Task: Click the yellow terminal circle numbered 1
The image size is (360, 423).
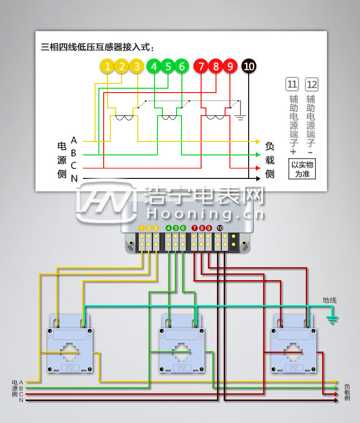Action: pos(108,67)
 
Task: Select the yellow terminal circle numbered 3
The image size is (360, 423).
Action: pos(137,67)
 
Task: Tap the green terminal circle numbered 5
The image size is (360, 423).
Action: pos(168,67)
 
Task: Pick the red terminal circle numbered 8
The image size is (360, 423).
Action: pos(216,67)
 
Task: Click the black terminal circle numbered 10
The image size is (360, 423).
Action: pos(249,67)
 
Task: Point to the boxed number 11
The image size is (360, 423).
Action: pos(292,85)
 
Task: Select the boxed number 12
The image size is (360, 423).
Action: pos(312,85)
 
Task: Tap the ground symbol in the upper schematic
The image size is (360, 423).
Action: pos(240,116)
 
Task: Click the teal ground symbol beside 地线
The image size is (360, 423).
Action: pos(331,318)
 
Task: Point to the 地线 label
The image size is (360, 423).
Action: pos(330,300)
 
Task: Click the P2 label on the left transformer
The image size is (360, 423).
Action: pos(70,368)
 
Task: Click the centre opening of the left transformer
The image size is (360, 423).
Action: pos(70,351)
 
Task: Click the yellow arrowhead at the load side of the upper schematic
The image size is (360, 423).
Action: pos(258,141)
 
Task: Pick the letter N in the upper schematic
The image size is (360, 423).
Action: pos(74,178)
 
